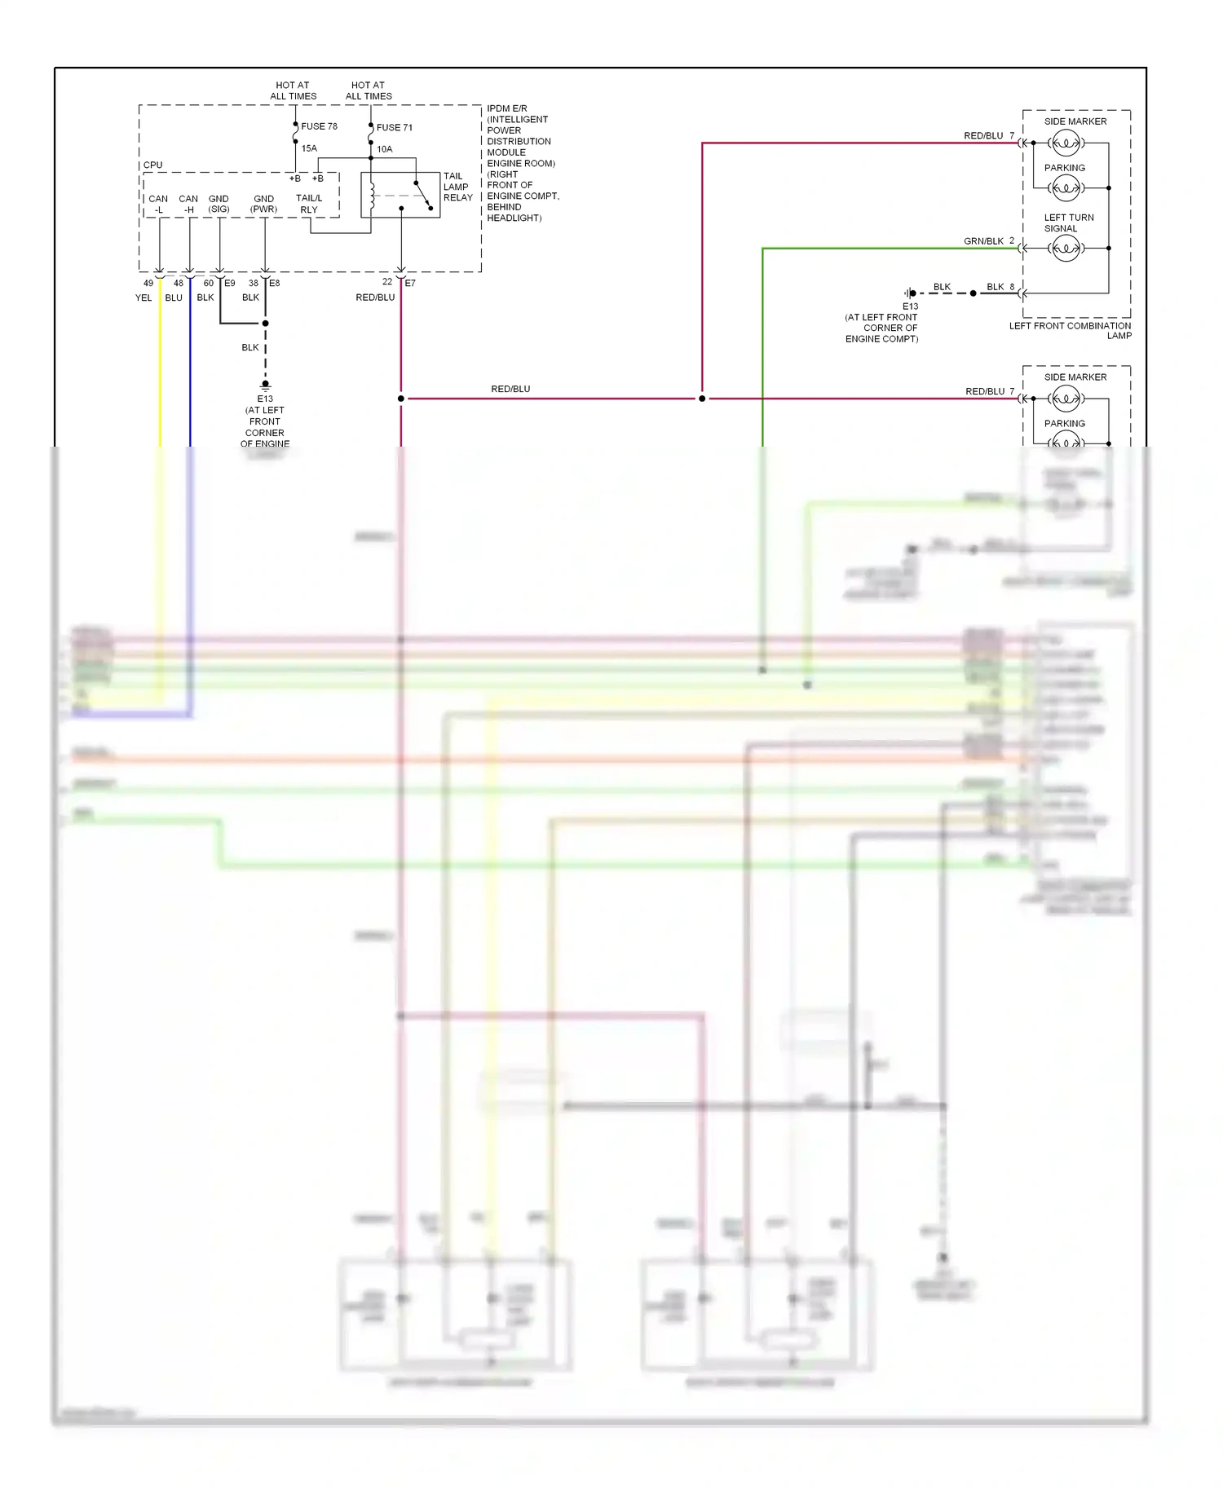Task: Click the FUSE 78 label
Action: (x=319, y=126)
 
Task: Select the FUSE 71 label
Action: (x=395, y=127)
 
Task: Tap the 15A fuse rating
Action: (x=309, y=148)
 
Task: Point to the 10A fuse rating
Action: (x=384, y=149)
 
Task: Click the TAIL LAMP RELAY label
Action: (x=457, y=187)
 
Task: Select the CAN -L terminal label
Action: (x=158, y=204)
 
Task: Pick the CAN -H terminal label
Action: (x=188, y=204)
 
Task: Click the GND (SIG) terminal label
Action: (x=219, y=204)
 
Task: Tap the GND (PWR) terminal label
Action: (x=263, y=204)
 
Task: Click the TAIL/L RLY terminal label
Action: (x=309, y=204)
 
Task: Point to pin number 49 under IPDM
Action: (x=148, y=283)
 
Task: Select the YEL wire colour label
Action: (x=143, y=298)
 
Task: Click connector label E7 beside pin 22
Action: (x=410, y=283)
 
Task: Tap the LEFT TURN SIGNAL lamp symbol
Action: (x=1066, y=249)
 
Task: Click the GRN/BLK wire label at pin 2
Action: (x=983, y=241)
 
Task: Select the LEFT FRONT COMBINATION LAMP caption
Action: (x=1070, y=330)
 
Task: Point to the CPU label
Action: (x=152, y=165)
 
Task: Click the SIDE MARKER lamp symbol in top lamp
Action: (x=1066, y=143)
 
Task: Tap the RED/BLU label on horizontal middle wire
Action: (x=510, y=389)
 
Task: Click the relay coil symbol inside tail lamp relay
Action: (x=373, y=196)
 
